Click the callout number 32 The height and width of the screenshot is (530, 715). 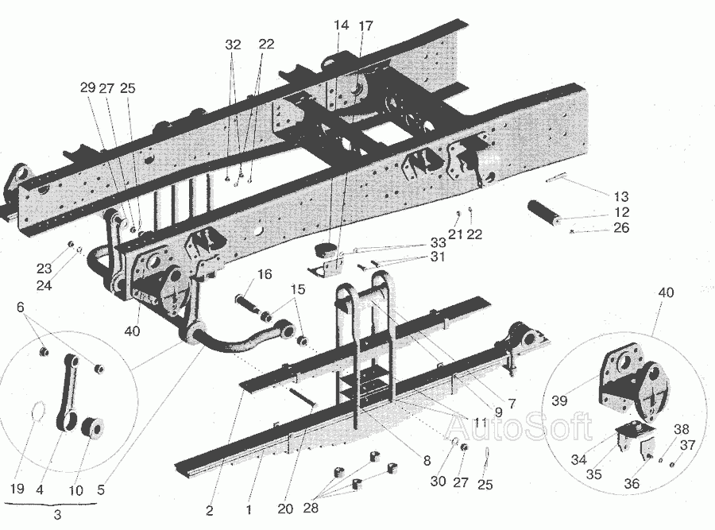(x=232, y=45)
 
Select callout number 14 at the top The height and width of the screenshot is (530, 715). (x=341, y=25)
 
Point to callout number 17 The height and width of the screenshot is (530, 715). (x=365, y=25)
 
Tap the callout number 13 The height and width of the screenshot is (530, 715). (x=621, y=196)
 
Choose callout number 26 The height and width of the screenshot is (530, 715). (x=621, y=228)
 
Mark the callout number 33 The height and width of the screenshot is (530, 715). (x=438, y=242)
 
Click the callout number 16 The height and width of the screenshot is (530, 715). (x=264, y=275)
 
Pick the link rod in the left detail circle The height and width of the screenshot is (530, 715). (x=66, y=389)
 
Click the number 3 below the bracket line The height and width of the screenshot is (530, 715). (x=57, y=514)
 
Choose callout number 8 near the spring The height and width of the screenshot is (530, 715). (x=427, y=459)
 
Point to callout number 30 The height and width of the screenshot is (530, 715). (x=438, y=482)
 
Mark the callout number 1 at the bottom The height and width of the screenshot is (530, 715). (x=249, y=509)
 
